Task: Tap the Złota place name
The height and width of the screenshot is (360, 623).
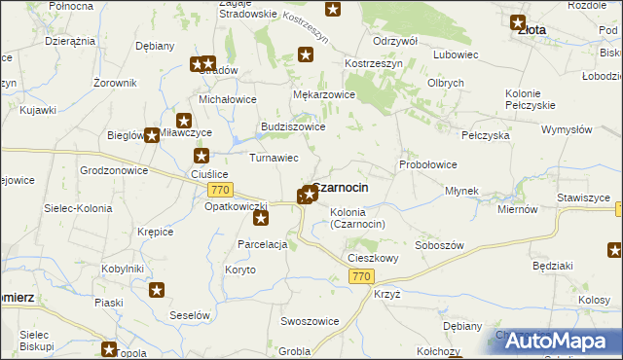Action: tap(531, 30)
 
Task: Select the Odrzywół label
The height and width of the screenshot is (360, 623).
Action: tap(394, 41)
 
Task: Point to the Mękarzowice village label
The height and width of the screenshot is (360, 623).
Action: tap(323, 94)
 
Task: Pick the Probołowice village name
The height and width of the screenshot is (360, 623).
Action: tap(428, 164)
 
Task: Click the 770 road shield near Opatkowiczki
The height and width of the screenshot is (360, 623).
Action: tap(220, 190)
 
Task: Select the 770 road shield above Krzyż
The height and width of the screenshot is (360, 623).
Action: tap(361, 277)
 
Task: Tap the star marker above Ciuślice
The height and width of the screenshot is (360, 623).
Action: tap(202, 156)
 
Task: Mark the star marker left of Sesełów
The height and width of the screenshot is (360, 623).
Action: tap(157, 289)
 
